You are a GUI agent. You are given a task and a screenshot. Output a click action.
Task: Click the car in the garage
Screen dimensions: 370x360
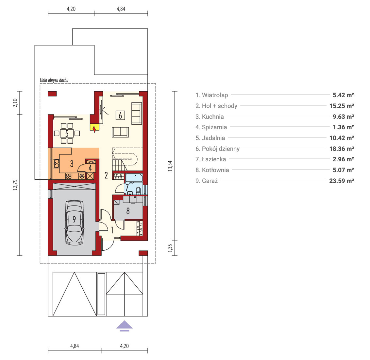tap(74, 223)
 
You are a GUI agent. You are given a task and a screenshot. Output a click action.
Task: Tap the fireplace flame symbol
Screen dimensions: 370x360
tap(94, 129)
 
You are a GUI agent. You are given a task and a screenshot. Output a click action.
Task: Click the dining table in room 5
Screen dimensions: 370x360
tap(67, 134)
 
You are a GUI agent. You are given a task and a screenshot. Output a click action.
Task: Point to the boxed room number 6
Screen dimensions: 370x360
tap(120, 115)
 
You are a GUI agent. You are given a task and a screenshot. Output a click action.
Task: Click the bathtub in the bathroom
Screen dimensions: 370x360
tap(134, 178)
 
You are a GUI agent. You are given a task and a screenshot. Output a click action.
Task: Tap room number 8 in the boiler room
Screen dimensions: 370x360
tap(128, 211)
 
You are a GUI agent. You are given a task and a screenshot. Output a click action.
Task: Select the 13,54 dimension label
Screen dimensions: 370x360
tap(170, 166)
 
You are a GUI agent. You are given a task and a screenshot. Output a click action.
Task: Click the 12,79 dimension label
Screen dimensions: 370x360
tap(15, 185)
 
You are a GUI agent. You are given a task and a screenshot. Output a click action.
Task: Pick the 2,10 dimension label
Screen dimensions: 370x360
tap(15, 103)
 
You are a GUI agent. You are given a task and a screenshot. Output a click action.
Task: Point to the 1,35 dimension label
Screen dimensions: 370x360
tap(170, 248)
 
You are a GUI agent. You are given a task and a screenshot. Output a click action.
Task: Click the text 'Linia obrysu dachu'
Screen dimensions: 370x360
tap(54, 80)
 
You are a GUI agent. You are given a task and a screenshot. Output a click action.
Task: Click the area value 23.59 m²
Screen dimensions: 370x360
tap(342, 181)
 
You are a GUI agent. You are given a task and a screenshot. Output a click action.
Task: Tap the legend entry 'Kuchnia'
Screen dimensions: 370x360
tap(213, 117)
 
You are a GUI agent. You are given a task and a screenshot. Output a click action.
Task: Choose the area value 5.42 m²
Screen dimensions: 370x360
tap(343, 95)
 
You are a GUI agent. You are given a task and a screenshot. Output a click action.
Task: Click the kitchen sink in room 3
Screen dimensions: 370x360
tap(57, 164)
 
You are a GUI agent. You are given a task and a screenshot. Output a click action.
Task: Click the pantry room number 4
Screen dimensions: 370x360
tap(90, 168)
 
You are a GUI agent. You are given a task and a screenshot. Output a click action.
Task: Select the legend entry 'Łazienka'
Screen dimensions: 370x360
tap(214, 159)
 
